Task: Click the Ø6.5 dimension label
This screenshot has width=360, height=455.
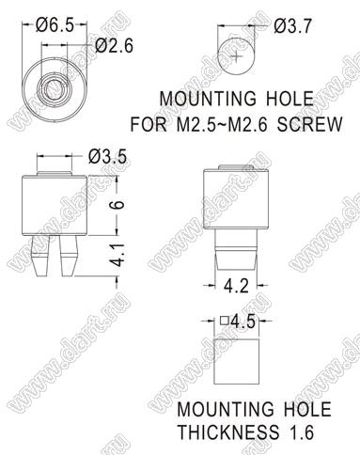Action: [x=55, y=24]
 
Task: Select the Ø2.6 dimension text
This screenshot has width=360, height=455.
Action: [x=114, y=46]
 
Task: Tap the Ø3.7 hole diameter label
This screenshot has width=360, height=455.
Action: [x=292, y=26]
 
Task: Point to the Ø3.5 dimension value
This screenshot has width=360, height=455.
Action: [x=107, y=156]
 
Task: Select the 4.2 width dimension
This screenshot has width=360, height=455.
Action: [x=237, y=286]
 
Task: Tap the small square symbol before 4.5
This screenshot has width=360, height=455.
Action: [x=224, y=321]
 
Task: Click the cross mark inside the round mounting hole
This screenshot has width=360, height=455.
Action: [x=237, y=56]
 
